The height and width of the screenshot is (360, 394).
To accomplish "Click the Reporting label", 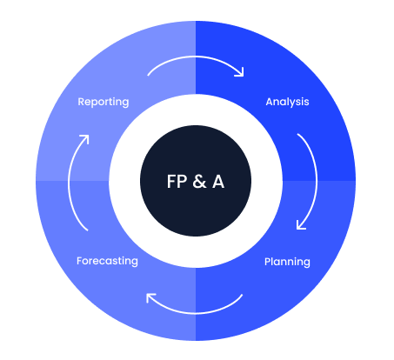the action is [104, 103].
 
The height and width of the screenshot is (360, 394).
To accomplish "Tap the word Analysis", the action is [287, 102].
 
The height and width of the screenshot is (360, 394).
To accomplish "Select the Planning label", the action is [287, 262].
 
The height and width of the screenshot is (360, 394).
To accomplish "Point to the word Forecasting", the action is [107, 261].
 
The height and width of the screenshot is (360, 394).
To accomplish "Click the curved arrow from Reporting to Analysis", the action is [196, 57].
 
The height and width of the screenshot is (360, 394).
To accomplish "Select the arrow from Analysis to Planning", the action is [317, 181].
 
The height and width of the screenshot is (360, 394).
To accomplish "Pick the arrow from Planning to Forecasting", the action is [196, 313].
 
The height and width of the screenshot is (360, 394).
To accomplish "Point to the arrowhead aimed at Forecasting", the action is [150, 297].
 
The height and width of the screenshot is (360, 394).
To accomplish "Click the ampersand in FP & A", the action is [199, 182].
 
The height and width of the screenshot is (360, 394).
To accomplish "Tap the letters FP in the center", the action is [177, 182].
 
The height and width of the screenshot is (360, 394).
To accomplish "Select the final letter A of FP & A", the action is [218, 182].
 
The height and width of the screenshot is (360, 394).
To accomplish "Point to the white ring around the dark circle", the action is [196, 110].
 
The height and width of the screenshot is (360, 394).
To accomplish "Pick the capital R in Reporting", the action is [82, 102].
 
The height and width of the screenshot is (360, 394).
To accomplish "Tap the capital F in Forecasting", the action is [79, 261].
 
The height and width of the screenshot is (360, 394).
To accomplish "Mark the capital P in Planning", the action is [268, 262].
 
